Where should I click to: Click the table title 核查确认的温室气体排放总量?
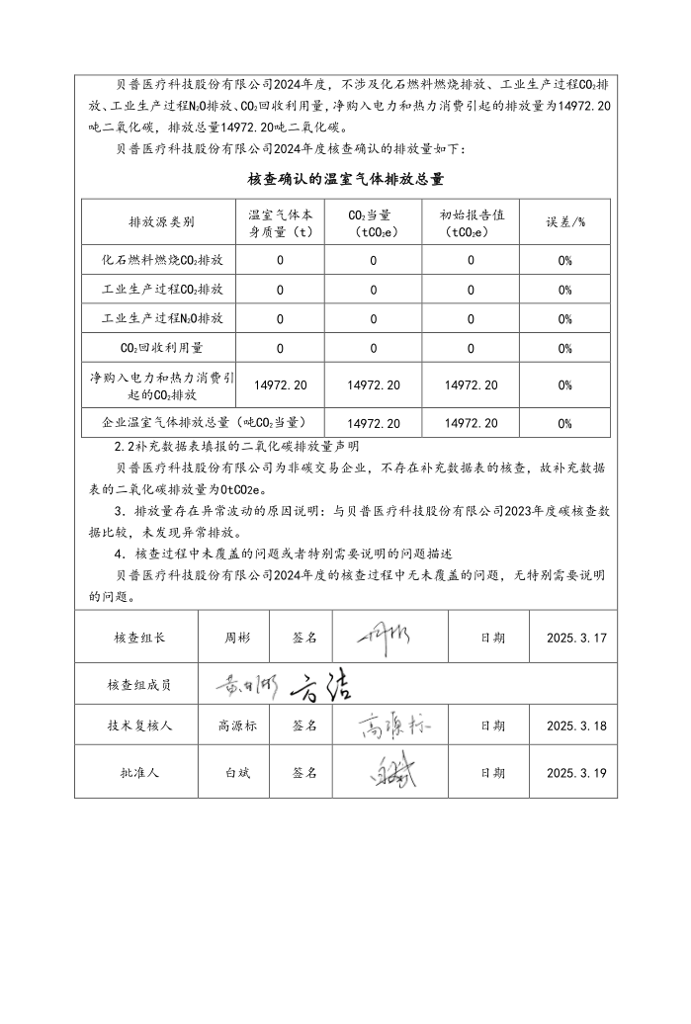345,179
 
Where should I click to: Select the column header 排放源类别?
162,222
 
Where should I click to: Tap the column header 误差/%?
565,222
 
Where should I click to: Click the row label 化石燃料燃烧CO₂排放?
162,260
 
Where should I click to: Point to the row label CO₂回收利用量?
162,348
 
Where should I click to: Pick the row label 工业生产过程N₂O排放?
162,318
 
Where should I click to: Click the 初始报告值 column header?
471,222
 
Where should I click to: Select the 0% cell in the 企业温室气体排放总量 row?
565,423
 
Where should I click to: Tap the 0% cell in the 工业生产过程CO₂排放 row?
565,290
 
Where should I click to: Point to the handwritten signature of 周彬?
389,636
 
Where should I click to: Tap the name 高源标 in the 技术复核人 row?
237,725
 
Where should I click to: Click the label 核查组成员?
139,684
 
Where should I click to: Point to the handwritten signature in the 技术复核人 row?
393,725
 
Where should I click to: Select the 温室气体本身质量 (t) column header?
280,222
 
